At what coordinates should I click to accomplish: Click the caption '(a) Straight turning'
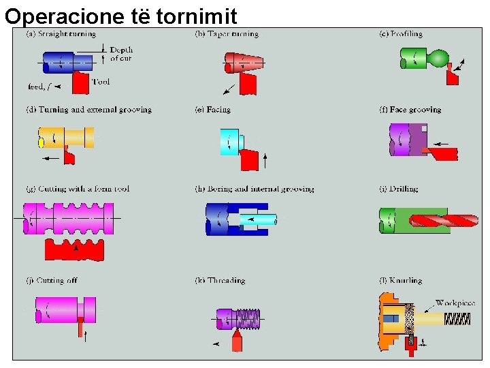(61, 33)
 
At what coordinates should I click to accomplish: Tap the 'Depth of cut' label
(121, 54)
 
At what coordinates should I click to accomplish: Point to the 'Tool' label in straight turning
(100, 82)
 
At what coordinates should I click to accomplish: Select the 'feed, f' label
(38, 87)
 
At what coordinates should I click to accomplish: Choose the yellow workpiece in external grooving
(65, 137)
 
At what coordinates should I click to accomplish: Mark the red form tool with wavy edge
(74, 251)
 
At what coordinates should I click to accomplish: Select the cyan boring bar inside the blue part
(259, 219)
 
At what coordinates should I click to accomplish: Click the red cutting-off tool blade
(81, 329)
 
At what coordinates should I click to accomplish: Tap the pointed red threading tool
(237, 339)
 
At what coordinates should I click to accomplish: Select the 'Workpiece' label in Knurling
(455, 303)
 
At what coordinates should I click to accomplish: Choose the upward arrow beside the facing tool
(265, 162)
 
